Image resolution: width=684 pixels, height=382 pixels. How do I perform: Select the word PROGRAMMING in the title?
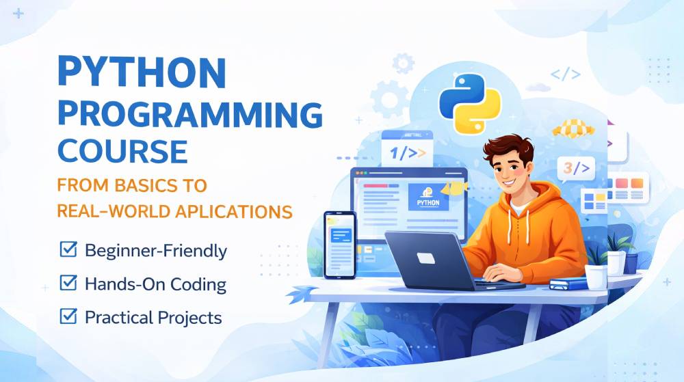coord(189,113)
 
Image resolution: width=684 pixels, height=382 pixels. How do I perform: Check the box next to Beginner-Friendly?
coord(68,249)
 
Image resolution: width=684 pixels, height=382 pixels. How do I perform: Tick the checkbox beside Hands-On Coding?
coord(68,282)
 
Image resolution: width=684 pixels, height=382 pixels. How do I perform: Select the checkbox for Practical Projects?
coord(68,316)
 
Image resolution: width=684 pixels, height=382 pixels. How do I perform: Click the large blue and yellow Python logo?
coord(466,103)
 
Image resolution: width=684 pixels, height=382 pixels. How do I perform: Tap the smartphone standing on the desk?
coord(339,245)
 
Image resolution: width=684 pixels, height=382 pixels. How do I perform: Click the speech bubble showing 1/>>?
coord(407,153)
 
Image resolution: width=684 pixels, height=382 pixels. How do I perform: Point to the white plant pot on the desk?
coord(595,275)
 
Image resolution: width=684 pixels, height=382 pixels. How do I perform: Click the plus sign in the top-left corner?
coord(18,13)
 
